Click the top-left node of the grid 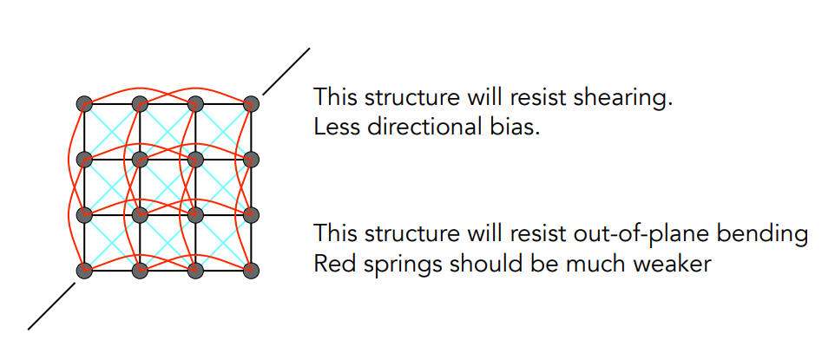(x=84, y=103)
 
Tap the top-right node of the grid (x=251, y=103)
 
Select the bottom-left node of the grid (x=84, y=272)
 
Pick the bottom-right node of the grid (x=251, y=272)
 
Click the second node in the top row (x=139, y=103)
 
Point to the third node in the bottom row (x=195, y=272)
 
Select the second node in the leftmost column (x=84, y=159)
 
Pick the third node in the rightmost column (x=251, y=215)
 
